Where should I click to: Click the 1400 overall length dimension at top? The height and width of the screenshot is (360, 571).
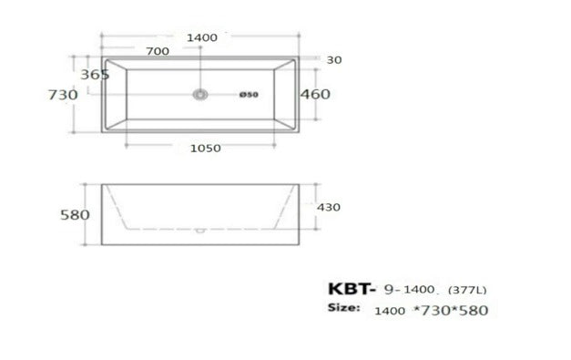pyautogui.click(x=201, y=37)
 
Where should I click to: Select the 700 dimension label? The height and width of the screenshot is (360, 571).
pyautogui.click(x=157, y=51)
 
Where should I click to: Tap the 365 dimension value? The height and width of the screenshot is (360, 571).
pyautogui.click(x=95, y=75)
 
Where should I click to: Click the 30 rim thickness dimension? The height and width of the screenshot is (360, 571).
pyautogui.click(x=334, y=60)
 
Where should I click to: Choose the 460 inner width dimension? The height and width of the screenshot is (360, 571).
pyautogui.click(x=315, y=94)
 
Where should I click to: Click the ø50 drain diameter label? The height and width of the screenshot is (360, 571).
pyautogui.click(x=250, y=95)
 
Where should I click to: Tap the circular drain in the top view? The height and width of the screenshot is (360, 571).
pyautogui.click(x=201, y=94)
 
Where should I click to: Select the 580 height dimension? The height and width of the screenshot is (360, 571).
pyautogui.click(x=75, y=215)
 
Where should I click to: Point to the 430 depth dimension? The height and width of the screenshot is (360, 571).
pyautogui.click(x=328, y=207)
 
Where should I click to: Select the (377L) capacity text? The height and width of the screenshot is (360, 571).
pyautogui.click(x=466, y=291)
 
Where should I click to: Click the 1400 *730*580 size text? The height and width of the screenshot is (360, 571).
pyautogui.click(x=431, y=310)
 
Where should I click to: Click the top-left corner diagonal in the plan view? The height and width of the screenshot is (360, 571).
pyautogui.click(x=115, y=65)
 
